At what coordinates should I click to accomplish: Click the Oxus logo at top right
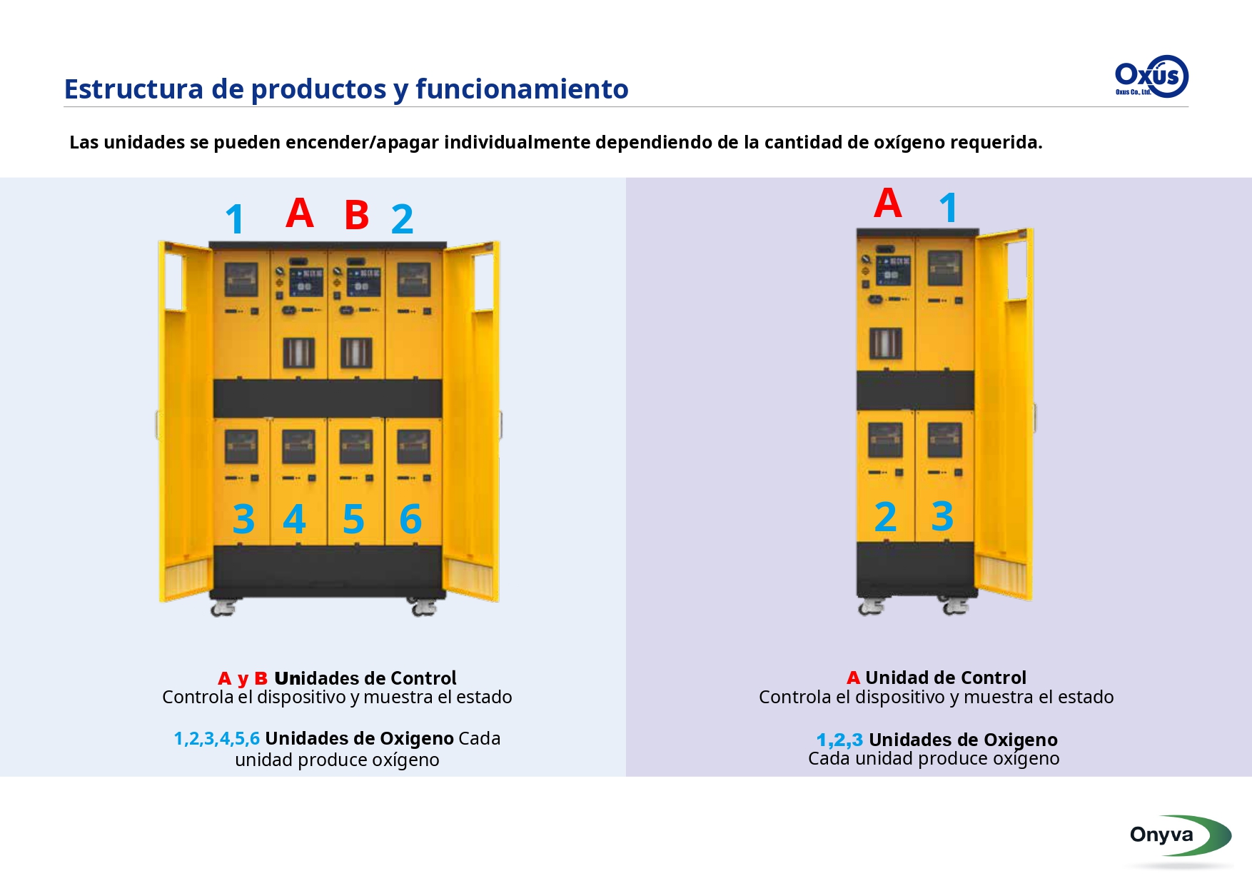tap(1151, 76)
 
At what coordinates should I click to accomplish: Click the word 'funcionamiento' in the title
tap(522, 89)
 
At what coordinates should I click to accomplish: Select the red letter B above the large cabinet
tap(356, 215)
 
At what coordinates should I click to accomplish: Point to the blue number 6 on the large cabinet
tap(410, 519)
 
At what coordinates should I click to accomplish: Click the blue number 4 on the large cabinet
tap(294, 519)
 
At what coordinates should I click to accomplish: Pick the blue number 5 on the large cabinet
tap(353, 519)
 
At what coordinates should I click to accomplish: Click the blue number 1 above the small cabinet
tap(948, 208)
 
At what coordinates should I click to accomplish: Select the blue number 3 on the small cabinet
tap(942, 516)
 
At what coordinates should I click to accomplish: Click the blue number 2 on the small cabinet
tap(885, 517)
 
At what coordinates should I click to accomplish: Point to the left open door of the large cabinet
tap(185, 421)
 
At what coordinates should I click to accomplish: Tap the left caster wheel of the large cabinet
tap(223, 608)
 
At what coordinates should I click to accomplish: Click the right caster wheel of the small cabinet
tap(955, 607)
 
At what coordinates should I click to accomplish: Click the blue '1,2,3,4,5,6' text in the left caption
tap(217, 739)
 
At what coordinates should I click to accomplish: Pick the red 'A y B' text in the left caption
tap(243, 679)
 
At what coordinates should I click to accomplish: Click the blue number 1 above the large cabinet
tap(235, 219)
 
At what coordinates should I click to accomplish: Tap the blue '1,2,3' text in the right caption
tap(839, 740)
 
